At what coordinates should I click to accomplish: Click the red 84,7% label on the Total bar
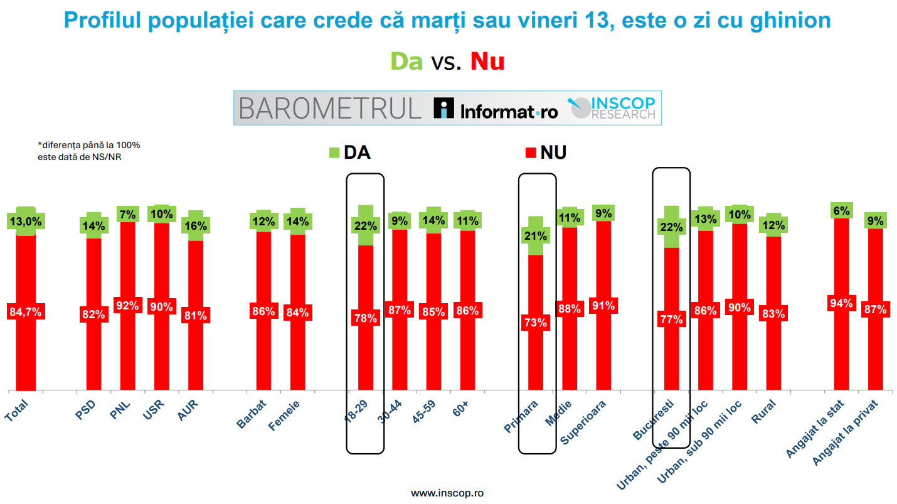pyautogui.click(x=26, y=312)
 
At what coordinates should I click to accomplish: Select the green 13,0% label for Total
pyautogui.click(x=26, y=222)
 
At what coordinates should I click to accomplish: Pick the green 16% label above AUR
pyautogui.click(x=195, y=226)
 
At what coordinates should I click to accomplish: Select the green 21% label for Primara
pyautogui.click(x=536, y=236)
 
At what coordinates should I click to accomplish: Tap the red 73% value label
pyautogui.click(x=536, y=323)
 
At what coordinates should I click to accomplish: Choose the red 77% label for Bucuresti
pyautogui.click(x=671, y=319)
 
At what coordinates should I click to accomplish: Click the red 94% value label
pyautogui.click(x=841, y=304)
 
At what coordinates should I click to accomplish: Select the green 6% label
pyautogui.click(x=841, y=211)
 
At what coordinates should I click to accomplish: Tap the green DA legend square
pyautogui.click(x=334, y=153)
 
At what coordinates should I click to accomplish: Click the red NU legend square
pyautogui.click(x=530, y=153)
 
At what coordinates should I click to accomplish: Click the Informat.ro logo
pyautogui.click(x=496, y=109)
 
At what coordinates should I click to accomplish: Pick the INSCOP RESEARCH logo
pyautogui.click(x=612, y=108)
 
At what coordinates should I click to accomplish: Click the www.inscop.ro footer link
pyautogui.click(x=447, y=493)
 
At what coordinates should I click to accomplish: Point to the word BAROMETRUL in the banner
pyautogui.click(x=330, y=109)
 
